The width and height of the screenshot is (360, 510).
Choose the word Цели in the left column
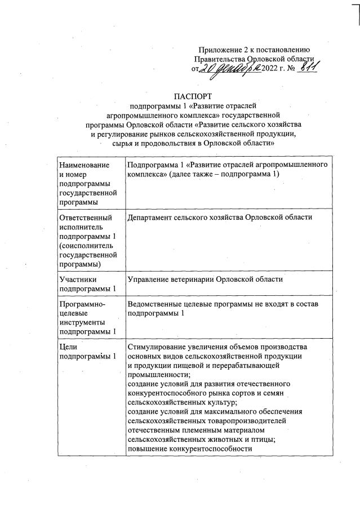(x=68, y=347)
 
